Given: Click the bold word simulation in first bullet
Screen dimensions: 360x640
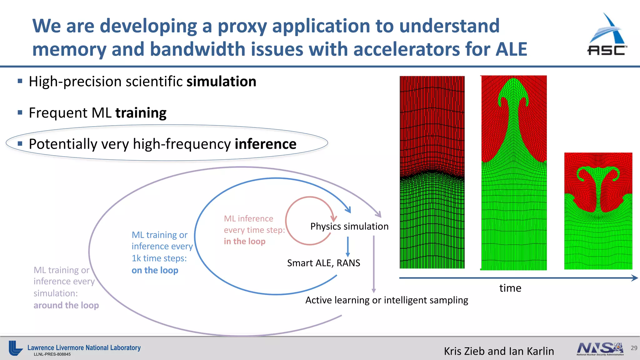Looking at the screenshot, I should [x=221, y=82].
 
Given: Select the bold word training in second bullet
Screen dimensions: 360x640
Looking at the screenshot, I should [x=141, y=113].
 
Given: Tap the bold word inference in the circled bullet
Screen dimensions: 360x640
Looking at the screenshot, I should [x=265, y=144].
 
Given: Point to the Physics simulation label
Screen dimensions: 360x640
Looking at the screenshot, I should [x=349, y=226].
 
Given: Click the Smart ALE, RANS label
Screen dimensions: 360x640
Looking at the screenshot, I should [x=323, y=263].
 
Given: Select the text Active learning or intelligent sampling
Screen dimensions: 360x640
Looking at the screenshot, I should [x=387, y=300].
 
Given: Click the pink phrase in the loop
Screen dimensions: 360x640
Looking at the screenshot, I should [x=244, y=241].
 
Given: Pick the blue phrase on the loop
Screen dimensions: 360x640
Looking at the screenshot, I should [x=155, y=270].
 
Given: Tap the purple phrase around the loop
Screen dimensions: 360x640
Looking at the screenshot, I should [x=66, y=305].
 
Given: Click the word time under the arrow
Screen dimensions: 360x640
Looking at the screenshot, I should [x=510, y=288].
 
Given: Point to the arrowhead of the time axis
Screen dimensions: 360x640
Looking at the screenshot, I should [x=634, y=278].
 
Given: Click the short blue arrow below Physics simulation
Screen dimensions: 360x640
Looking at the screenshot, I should [x=347, y=247].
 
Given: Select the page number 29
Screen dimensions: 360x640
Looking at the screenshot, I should [x=634, y=348].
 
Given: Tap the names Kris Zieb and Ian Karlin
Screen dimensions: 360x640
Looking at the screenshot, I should [x=499, y=351].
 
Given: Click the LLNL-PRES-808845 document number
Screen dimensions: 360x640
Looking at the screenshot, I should [x=52, y=354].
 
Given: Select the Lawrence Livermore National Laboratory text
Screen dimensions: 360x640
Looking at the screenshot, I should [x=84, y=347].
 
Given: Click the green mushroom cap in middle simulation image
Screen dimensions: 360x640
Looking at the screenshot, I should [x=513, y=91].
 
